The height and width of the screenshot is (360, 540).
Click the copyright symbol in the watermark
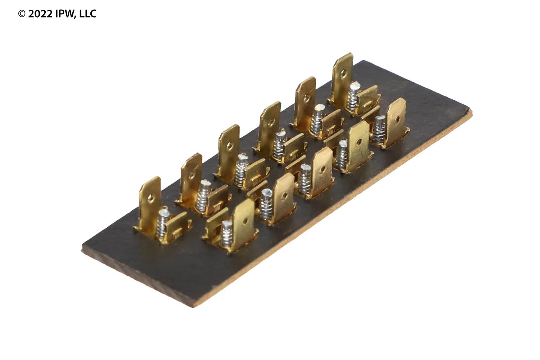coord(22,14)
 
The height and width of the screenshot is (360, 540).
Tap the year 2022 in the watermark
coord(40,14)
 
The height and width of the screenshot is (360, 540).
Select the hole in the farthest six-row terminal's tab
coord(343,72)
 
